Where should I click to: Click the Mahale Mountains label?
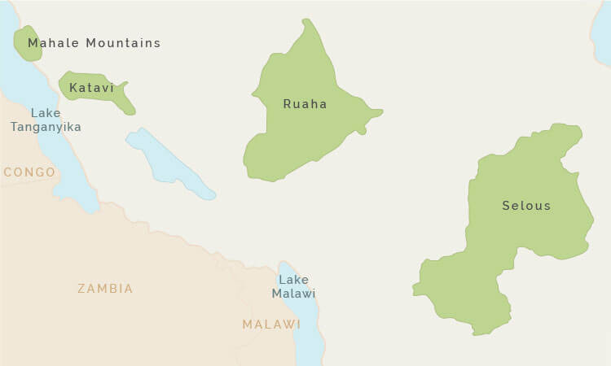tap(94, 43)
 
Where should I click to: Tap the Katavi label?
tap(91, 88)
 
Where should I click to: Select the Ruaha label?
tap(305, 104)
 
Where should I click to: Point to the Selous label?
tap(526, 206)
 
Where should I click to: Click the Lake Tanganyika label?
tap(45, 120)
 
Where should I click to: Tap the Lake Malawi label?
tap(293, 286)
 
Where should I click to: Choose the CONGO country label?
tap(29, 172)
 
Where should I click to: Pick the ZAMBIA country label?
tap(105, 289)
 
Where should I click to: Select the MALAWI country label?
tap(271, 325)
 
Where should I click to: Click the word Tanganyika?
tap(46, 127)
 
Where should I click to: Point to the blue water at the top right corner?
tap(602, 33)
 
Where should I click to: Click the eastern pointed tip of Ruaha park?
tap(380, 112)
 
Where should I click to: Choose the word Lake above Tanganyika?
tap(45, 113)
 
